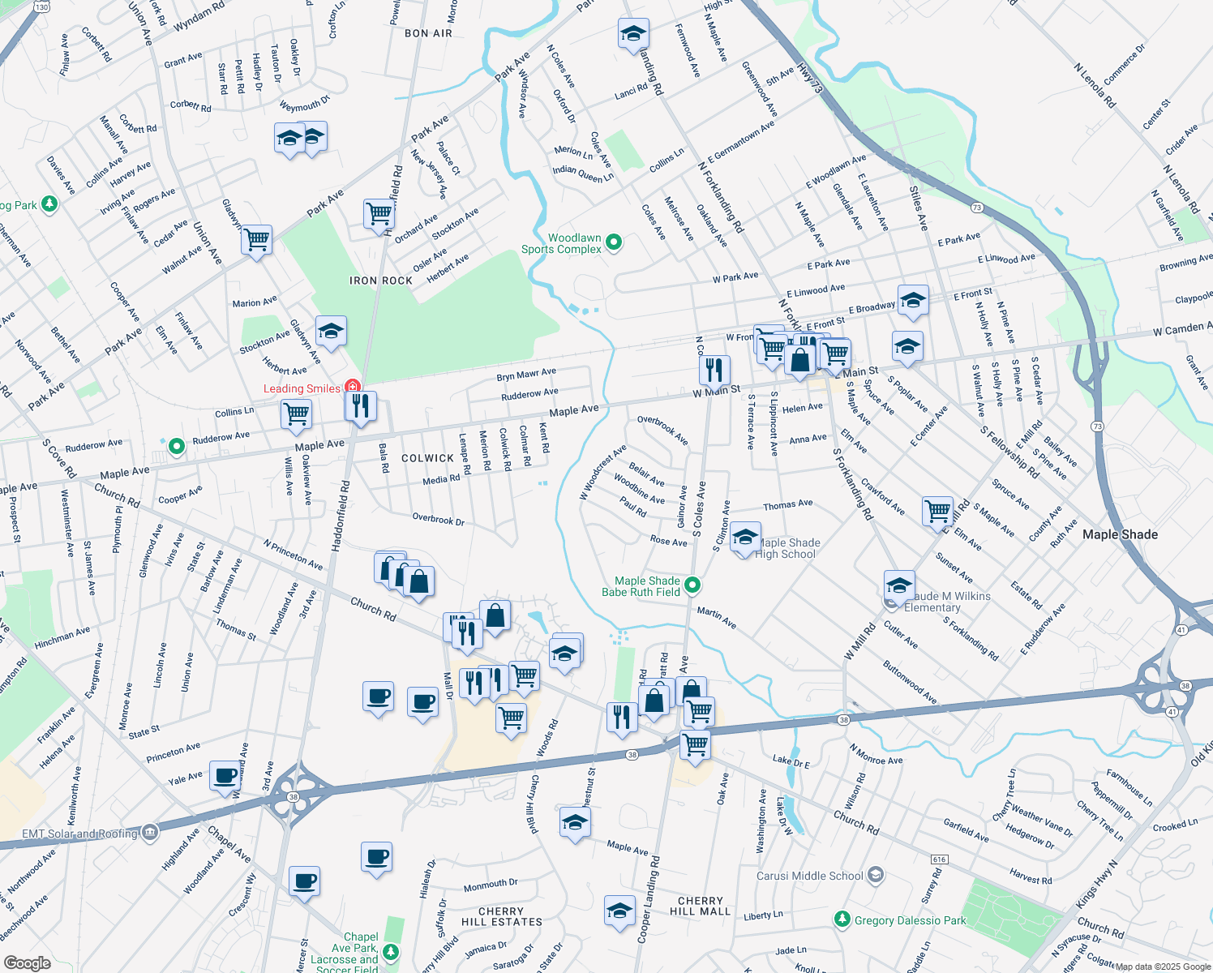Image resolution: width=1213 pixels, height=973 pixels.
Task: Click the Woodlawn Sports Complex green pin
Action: coord(614,242)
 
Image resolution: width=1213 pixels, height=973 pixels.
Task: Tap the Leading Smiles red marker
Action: coord(353,387)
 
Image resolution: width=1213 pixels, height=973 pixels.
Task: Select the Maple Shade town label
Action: coord(1120,534)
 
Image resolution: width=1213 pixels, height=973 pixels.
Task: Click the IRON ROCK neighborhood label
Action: coord(381,281)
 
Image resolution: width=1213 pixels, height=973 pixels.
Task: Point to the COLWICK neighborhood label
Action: coord(427,458)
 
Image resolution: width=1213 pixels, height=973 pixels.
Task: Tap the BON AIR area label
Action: coord(428,33)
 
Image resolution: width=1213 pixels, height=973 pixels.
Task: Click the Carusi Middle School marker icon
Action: coord(875,875)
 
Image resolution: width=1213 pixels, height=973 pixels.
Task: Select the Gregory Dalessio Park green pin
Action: coord(842,919)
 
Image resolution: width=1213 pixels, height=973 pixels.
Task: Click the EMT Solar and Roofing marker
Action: coord(150,832)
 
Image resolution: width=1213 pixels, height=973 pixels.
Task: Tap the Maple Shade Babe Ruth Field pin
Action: coord(692,585)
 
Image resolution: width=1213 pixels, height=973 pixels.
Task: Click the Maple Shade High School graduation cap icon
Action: coord(744,538)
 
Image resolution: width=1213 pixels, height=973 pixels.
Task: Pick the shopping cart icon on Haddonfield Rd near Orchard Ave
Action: coord(379,214)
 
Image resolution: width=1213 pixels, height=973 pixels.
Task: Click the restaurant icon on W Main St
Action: coord(714,370)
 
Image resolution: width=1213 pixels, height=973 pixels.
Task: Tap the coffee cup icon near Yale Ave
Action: coord(225,775)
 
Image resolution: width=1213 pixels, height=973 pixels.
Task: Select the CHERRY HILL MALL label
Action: coord(700,907)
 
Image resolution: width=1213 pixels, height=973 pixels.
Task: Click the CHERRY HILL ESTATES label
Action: coord(501,917)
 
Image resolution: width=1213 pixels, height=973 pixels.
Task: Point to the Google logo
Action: coord(27,962)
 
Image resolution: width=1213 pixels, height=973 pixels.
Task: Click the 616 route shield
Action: coord(940,859)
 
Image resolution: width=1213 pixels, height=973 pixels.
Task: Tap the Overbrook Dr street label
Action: coord(438,520)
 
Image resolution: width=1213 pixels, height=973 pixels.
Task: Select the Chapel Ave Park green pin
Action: coord(392,950)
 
